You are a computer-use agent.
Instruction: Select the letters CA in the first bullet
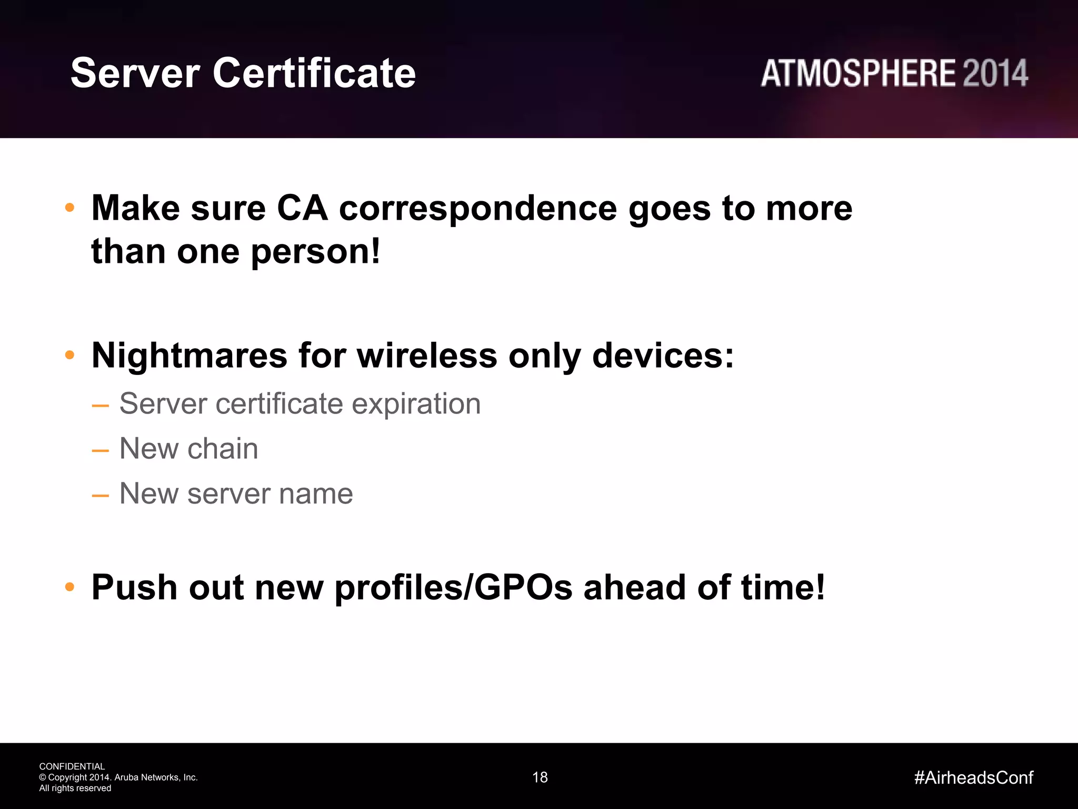pos(302,208)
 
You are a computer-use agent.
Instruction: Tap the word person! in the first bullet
pos(315,252)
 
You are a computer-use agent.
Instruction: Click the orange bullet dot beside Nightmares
pos(69,356)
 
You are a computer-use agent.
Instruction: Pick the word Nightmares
pos(189,356)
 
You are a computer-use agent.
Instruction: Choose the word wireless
pos(427,356)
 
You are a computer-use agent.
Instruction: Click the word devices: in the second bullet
pos(663,356)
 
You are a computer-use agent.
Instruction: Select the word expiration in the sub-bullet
pos(416,404)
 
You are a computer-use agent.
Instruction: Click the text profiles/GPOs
pos(453,588)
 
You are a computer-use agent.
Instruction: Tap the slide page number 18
pos(540,777)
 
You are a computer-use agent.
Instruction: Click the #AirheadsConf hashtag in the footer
pos(974,777)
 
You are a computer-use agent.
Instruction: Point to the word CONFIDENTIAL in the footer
pos(72,766)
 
